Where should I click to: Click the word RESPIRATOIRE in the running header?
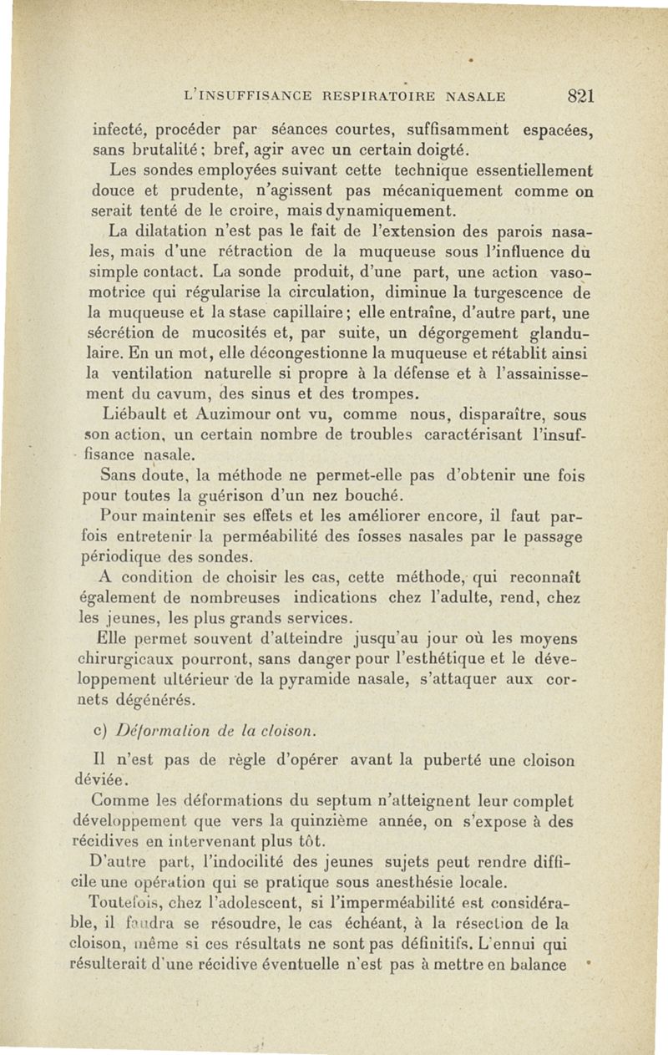click(382, 96)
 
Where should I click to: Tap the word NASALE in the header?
click(476, 96)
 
